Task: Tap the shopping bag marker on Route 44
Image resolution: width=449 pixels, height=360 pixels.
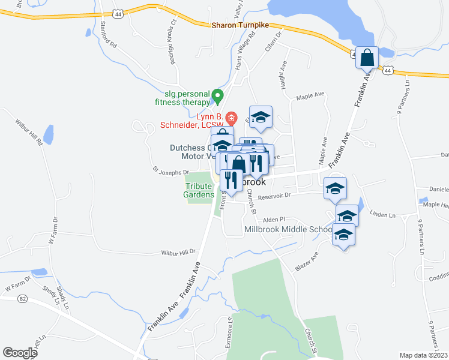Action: [367, 59]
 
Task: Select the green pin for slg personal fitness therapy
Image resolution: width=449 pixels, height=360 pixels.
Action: [218, 95]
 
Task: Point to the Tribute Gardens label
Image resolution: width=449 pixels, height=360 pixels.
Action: [199, 190]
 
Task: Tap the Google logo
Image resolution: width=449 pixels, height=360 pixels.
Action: [20, 353]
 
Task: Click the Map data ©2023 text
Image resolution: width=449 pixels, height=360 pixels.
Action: [424, 355]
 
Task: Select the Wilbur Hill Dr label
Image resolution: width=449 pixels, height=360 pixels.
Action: [178, 253]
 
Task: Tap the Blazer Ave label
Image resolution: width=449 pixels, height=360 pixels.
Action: [306, 261]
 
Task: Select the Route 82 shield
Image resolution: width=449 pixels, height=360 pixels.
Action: [22, 298]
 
